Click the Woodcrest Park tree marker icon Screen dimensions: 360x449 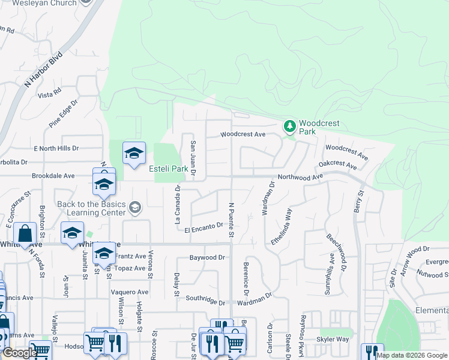[x=290, y=126]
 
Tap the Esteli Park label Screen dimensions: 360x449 [x=169, y=169]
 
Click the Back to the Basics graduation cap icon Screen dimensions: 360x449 [x=134, y=208]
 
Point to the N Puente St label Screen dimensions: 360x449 [x=231, y=218]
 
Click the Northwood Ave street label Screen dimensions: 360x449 [x=300, y=176]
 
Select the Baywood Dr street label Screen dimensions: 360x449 [x=206, y=257]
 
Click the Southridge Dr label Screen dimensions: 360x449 [x=205, y=298]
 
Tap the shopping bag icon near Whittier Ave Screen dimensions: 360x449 [x=26, y=234]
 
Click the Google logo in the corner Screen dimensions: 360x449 [x=20, y=353]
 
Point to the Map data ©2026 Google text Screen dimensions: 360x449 [x=412, y=355]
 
